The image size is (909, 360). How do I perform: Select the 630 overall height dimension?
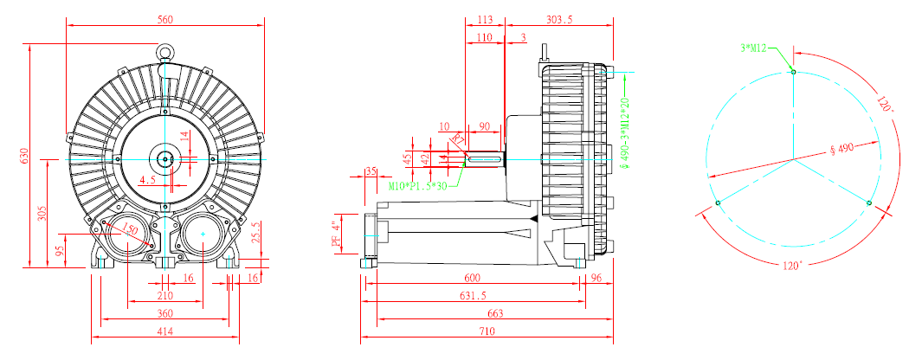25,156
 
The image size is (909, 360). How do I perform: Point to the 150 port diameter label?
129,229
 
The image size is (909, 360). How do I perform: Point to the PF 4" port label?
338,235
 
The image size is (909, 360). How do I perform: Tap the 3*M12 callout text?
753,48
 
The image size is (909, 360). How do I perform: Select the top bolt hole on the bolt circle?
793,74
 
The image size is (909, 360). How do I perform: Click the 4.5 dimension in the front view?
148,179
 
